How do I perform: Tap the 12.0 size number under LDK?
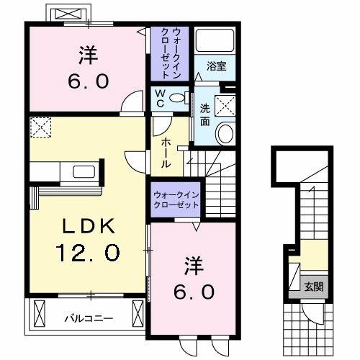[87, 253]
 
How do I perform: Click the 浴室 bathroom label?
[217, 66]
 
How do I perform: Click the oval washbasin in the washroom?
[225, 133]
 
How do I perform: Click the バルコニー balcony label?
[86, 317]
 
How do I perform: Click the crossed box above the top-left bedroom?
[68, 14]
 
